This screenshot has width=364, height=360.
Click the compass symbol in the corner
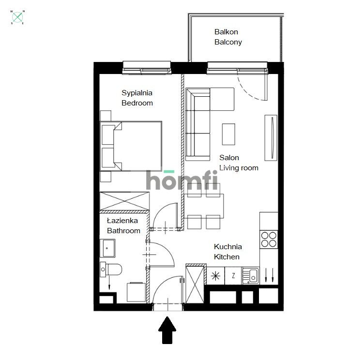point(18,17)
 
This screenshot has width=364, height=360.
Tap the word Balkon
point(226,32)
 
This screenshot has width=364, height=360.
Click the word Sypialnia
point(137,93)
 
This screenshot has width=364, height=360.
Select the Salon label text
point(229,158)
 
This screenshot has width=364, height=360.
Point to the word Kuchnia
point(227,247)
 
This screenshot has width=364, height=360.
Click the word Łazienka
point(122,221)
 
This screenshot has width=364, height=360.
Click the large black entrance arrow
point(167,330)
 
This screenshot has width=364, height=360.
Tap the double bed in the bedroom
point(131,146)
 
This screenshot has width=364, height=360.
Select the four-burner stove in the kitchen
point(269,240)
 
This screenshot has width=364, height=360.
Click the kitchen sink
point(253,276)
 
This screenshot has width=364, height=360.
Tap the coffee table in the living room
point(228,134)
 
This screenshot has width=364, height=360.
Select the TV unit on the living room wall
point(272,138)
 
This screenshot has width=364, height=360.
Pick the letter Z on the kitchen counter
point(233,276)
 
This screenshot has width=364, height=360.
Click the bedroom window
point(147,68)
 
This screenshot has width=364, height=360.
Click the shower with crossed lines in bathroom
point(124,201)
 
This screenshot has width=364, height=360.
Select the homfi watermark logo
point(182,180)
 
